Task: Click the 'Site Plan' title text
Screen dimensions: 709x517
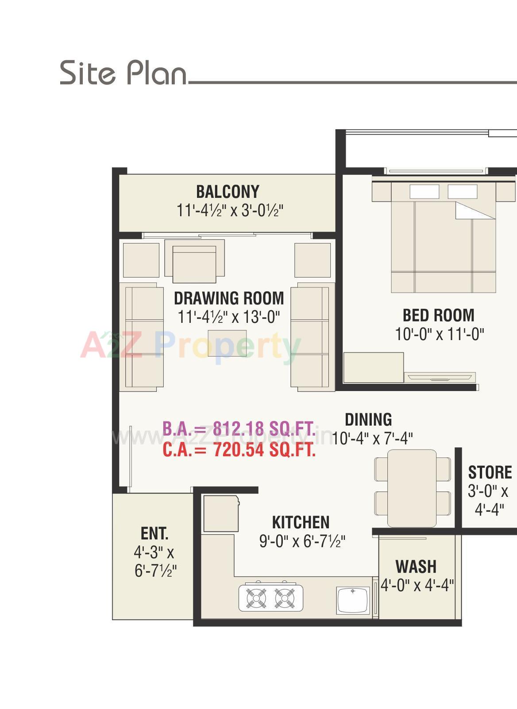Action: tap(123, 73)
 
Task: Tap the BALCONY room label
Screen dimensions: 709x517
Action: tap(228, 192)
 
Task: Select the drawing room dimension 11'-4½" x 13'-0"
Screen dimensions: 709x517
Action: tap(229, 317)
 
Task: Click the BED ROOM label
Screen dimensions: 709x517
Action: tap(438, 315)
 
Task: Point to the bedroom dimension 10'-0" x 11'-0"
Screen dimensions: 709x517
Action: tap(439, 334)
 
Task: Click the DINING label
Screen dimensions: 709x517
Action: tap(368, 419)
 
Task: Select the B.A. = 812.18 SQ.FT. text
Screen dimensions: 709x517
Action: tap(239, 429)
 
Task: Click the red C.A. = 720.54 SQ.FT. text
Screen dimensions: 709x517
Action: tap(239, 450)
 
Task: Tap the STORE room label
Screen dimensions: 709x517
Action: tap(490, 473)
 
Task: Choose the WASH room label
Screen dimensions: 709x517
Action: tap(416, 566)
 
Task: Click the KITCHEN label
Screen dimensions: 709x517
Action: tap(301, 522)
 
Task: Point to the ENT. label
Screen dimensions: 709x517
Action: tap(154, 533)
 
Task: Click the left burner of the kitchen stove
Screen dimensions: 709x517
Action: tap(256, 598)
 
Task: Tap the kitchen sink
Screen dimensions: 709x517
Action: tap(352, 600)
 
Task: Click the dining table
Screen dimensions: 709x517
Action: tap(412, 488)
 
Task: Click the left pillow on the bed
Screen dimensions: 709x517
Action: tap(424, 192)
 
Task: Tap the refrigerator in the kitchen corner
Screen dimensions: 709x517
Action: tap(220, 514)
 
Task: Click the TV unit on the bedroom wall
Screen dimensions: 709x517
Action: tap(441, 377)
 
